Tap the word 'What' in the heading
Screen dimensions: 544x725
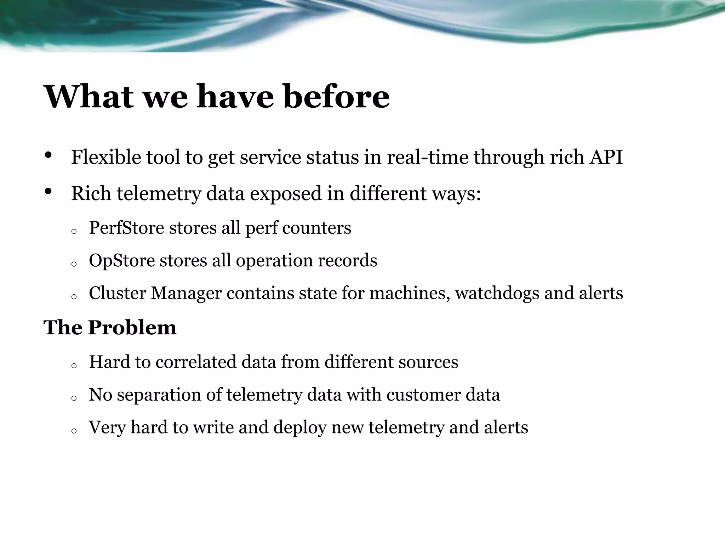point(89,96)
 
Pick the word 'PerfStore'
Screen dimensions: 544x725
point(126,227)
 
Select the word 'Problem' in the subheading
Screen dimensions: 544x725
point(132,327)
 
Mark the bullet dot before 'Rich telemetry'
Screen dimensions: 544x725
point(48,192)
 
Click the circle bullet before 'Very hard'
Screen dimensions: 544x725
point(74,431)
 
